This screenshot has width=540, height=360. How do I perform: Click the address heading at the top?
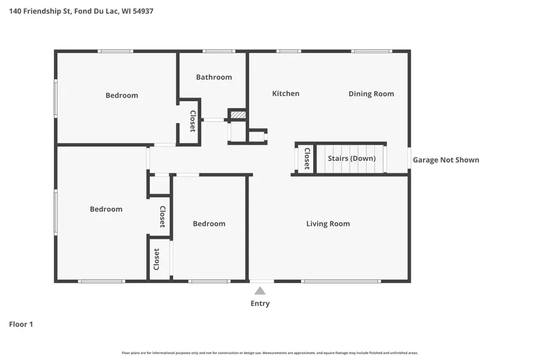point(81,11)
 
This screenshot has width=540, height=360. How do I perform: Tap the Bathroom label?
point(214,77)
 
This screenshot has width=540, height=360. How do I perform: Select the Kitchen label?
point(286,94)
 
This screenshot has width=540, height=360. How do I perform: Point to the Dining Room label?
point(371,94)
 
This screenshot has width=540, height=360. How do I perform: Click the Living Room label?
point(328,224)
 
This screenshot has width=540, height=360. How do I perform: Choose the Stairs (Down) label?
point(352,158)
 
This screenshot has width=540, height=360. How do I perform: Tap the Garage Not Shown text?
point(446,160)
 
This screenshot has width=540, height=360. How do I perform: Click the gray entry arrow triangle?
point(260,290)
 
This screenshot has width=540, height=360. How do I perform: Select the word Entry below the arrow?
point(260,304)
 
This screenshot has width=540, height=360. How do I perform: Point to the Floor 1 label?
point(21,325)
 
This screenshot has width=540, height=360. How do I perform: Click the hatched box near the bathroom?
point(238,114)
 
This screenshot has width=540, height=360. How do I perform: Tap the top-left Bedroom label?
point(122,95)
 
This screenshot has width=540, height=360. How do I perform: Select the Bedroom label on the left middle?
point(106,209)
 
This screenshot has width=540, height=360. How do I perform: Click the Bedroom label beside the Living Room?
point(209,224)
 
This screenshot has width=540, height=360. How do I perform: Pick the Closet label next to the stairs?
point(307,158)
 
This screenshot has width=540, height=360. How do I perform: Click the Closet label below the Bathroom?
point(193,121)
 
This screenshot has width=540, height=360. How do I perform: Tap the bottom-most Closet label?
point(157,259)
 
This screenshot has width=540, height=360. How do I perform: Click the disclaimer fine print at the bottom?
point(270,353)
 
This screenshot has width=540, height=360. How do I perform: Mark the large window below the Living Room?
point(341,281)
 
